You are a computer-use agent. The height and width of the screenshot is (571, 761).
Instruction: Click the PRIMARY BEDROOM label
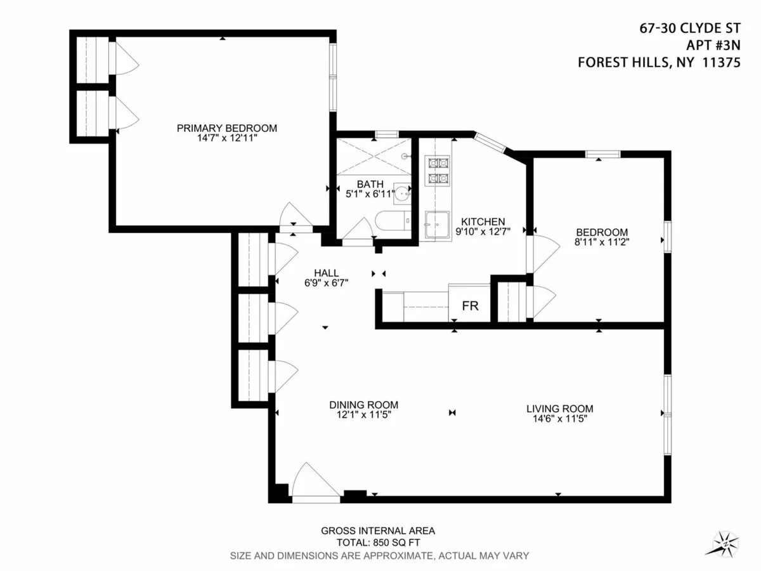pos(226,128)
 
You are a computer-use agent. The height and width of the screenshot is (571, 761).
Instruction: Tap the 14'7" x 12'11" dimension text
pos(226,138)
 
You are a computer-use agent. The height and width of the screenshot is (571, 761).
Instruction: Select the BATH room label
pos(370,185)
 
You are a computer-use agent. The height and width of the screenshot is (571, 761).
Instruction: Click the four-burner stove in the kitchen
pos(438,171)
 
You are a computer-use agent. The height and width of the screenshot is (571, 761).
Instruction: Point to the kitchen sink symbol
pos(436,226)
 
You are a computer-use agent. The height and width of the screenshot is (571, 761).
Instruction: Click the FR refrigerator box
pos(470,306)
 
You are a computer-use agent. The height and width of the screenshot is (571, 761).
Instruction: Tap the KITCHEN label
pos(483,221)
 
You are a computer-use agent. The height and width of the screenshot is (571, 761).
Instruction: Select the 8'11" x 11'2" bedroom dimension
pos(602,242)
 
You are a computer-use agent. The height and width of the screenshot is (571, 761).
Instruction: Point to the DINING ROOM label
pos(363,405)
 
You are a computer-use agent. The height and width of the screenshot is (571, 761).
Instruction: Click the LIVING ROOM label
pos(559,409)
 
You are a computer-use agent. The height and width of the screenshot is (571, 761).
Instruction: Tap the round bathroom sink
pos(403,192)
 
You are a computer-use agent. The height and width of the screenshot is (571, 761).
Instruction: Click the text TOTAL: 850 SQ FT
pos(378,543)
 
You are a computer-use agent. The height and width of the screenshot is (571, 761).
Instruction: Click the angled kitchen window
pos(491,141)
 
